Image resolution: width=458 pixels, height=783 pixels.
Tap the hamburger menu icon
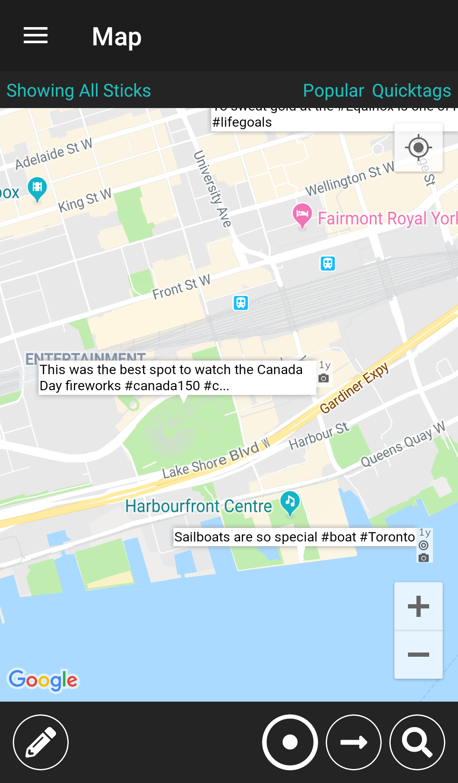(x=36, y=36)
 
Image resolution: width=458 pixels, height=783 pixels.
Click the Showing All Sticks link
(x=79, y=91)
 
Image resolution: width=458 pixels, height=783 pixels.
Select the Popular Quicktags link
(x=377, y=91)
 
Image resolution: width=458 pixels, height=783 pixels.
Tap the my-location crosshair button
(x=419, y=147)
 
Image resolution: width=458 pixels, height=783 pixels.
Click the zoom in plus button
(x=419, y=606)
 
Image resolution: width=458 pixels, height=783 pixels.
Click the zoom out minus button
(x=419, y=655)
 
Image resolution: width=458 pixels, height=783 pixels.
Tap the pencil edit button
(x=41, y=742)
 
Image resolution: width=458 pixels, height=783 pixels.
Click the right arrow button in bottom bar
(x=354, y=742)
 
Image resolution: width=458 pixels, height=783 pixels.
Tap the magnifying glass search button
(x=417, y=742)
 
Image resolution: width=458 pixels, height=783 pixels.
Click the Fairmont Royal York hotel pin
(x=302, y=214)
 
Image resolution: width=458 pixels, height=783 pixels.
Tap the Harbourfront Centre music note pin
(x=290, y=503)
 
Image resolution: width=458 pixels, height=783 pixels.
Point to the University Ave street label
(x=212, y=189)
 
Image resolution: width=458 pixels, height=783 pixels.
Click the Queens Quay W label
(x=403, y=444)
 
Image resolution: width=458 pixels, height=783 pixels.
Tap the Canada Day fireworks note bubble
(x=177, y=378)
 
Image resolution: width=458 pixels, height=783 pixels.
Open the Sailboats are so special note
(x=294, y=537)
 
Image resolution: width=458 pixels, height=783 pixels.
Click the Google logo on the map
(x=43, y=680)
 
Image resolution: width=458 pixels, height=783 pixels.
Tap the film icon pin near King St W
(x=37, y=188)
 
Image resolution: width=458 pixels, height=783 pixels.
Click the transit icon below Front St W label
(x=241, y=303)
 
